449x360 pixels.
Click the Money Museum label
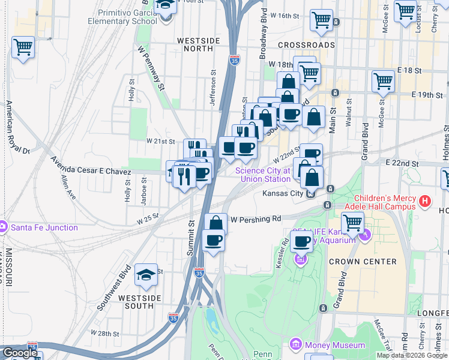tap(334, 345)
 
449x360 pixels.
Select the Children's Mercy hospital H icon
tap(425, 202)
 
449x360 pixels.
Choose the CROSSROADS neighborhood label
tap(306, 45)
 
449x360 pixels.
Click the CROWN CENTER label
tap(363, 262)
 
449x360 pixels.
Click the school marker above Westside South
tap(146, 275)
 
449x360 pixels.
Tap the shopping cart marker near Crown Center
tap(353, 223)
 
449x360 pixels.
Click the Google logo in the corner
tap(19, 353)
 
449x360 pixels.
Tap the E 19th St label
tap(427, 95)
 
